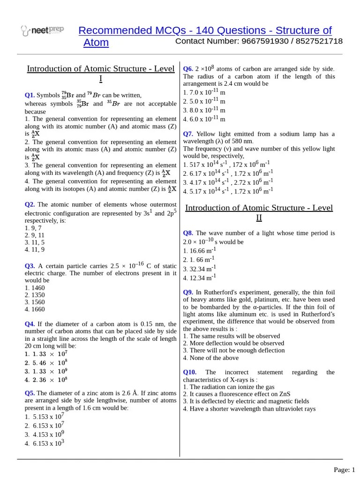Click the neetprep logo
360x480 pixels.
tap(42, 31)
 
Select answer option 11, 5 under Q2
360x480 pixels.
tap(35, 242)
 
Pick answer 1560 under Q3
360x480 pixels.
tap(35, 302)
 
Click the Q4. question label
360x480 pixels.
tap(30, 324)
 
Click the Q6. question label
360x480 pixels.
tap(188, 68)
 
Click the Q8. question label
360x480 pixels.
tap(188, 233)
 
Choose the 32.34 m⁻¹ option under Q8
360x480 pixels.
tap(199, 269)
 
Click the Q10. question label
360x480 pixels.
tap(190, 372)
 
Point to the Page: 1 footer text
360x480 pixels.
tap(344, 470)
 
